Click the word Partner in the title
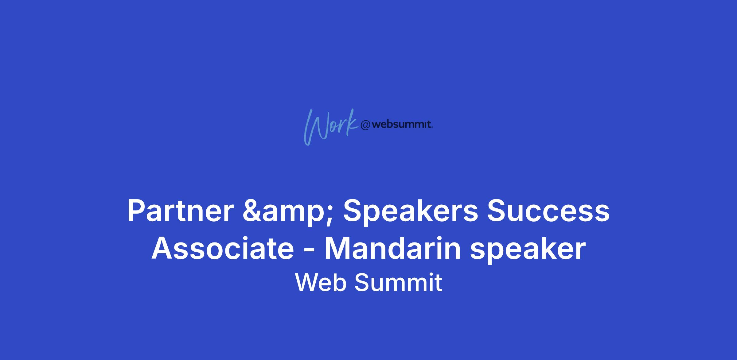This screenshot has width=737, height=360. pyautogui.click(x=181, y=211)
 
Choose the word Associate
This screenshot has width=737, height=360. pyautogui.click(x=223, y=249)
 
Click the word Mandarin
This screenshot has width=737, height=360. pyautogui.click(x=393, y=249)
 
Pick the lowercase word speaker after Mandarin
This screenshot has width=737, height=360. pyautogui.click(x=528, y=250)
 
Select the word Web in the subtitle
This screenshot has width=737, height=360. pyautogui.click(x=321, y=282)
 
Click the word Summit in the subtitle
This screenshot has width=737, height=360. pyautogui.click(x=398, y=282)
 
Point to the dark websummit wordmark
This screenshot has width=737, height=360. pyautogui.click(x=402, y=125)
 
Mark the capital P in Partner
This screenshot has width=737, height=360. pyautogui.click(x=136, y=211)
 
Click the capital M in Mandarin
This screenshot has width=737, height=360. pyautogui.click(x=337, y=249)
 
